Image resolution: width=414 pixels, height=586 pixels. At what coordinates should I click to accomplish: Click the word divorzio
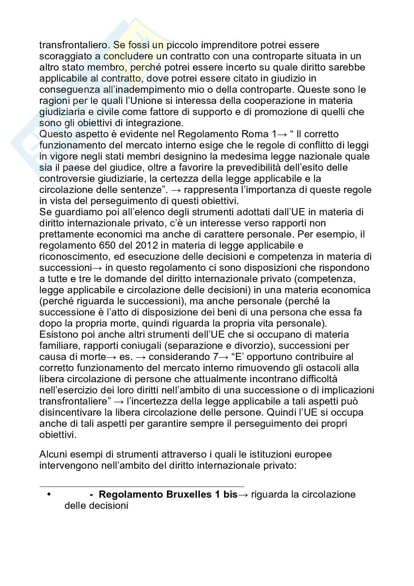tap(254, 346)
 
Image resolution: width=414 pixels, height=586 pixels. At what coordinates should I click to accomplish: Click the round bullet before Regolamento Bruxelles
tap(49, 495)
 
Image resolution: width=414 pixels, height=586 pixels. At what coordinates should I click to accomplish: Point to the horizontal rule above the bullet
tap(142, 487)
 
